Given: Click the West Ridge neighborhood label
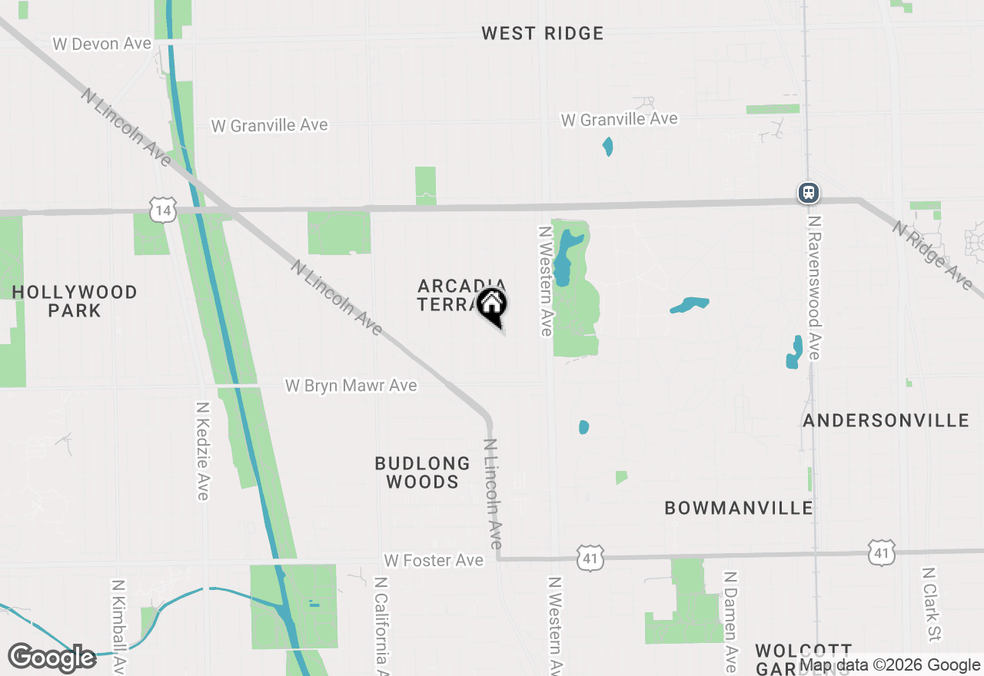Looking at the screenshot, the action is (x=543, y=33).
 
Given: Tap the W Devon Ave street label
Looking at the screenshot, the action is (x=102, y=44).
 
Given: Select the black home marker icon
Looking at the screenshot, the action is (x=492, y=305).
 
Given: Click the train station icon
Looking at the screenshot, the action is (x=808, y=192).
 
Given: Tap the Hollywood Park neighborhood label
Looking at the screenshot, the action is (x=75, y=301).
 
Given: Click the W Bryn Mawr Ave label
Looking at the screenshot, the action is (x=351, y=386).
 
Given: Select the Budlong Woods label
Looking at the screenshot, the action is (x=423, y=472).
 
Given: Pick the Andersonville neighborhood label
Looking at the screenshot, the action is (x=886, y=420).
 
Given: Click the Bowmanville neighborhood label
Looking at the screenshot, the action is (x=739, y=508).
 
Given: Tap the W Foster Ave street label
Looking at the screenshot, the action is (x=434, y=561).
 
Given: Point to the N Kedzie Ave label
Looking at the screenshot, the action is (x=203, y=451).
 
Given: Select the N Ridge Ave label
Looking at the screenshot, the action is (x=932, y=254).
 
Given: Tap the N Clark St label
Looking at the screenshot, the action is (x=931, y=605).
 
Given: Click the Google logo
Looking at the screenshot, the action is (x=52, y=658).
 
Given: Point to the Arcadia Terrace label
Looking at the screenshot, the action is (x=454, y=295).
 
